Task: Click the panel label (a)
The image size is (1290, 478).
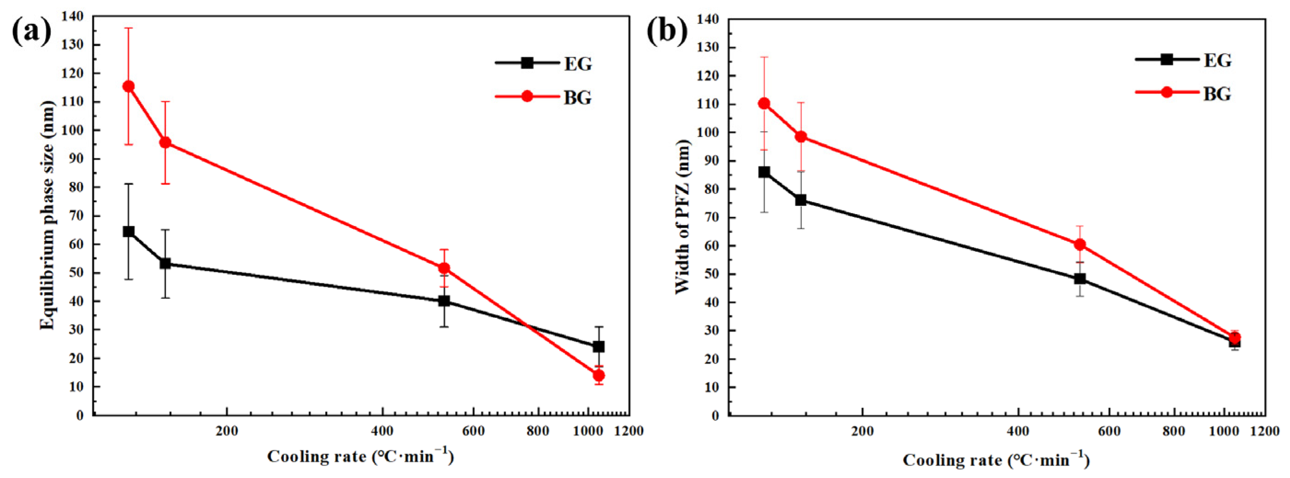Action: [31, 31]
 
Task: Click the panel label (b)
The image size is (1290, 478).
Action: [667, 31]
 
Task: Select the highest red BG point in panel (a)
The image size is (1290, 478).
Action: [129, 86]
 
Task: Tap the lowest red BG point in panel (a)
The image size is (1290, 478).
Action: [598, 375]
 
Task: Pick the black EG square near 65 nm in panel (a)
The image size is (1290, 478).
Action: [129, 231]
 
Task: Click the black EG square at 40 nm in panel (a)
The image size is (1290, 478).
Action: [444, 301]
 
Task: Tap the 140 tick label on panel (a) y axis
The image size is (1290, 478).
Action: [73, 16]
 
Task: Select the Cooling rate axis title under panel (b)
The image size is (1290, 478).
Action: [997, 460]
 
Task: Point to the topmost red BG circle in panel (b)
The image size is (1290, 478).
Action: [764, 104]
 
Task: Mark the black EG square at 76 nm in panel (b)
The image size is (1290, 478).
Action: [801, 200]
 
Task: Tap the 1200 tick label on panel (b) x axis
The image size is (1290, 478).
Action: [1265, 431]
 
